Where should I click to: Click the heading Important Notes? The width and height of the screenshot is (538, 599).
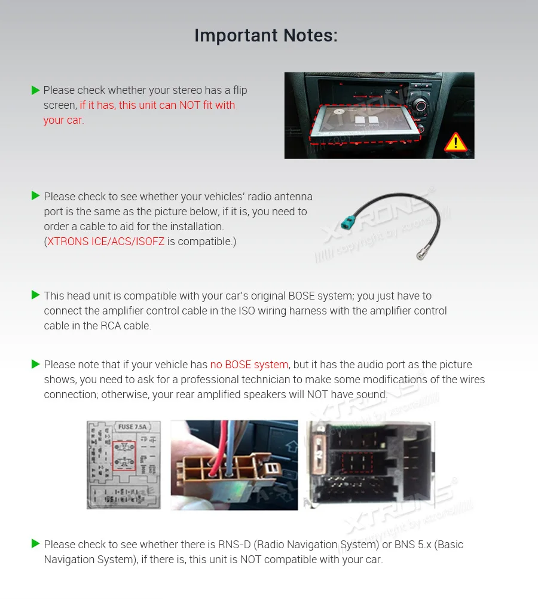coord(266,36)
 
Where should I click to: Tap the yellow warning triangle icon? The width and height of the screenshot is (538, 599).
coord(456,142)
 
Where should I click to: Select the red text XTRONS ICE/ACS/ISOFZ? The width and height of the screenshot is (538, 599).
coord(106,242)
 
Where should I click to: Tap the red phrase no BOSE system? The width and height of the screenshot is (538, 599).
coord(249,365)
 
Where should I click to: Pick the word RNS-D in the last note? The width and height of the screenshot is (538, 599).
coord(236,545)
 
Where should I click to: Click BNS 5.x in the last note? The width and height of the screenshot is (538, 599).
coord(415,545)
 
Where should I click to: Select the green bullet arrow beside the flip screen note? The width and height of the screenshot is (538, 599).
coord(35,90)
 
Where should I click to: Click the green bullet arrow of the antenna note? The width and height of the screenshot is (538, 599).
coord(35,196)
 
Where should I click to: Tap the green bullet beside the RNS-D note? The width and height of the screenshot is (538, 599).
coord(35,544)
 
